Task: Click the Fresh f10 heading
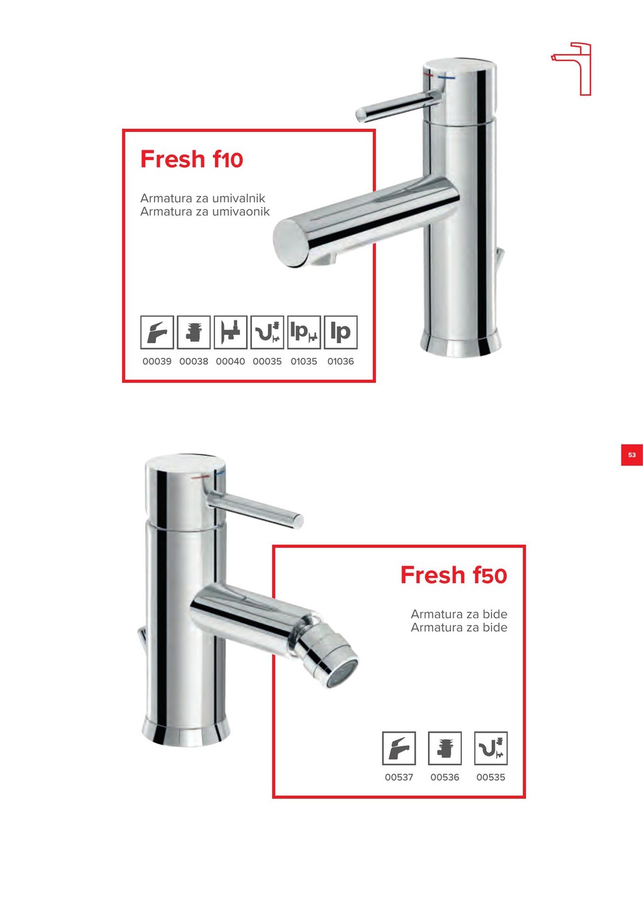(x=192, y=159)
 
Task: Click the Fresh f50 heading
(x=454, y=575)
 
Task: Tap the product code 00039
(x=157, y=361)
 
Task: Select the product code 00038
(x=194, y=361)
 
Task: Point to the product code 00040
(x=230, y=361)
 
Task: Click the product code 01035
(x=304, y=361)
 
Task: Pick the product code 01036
(x=340, y=361)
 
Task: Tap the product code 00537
(x=399, y=777)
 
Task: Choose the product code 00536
(x=445, y=777)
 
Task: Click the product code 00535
(x=491, y=777)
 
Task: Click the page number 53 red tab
(x=631, y=455)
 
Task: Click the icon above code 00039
(x=157, y=332)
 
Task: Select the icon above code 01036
(x=340, y=332)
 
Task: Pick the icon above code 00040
(x=231, y=332)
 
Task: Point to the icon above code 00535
(x=491, y=748)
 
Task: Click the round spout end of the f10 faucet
(x=291, y=243)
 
